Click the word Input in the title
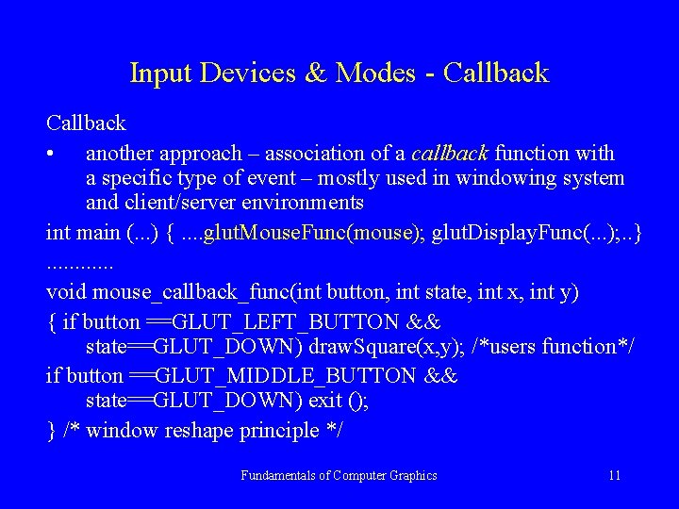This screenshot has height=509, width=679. tap(157, 73)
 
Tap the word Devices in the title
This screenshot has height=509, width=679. tap(243, 73)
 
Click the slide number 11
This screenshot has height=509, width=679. tap(614, 475)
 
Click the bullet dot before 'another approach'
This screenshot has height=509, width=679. tap(58, 154)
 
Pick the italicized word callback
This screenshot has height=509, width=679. tap(449, 153)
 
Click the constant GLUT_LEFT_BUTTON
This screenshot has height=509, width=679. tap(273, 321)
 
